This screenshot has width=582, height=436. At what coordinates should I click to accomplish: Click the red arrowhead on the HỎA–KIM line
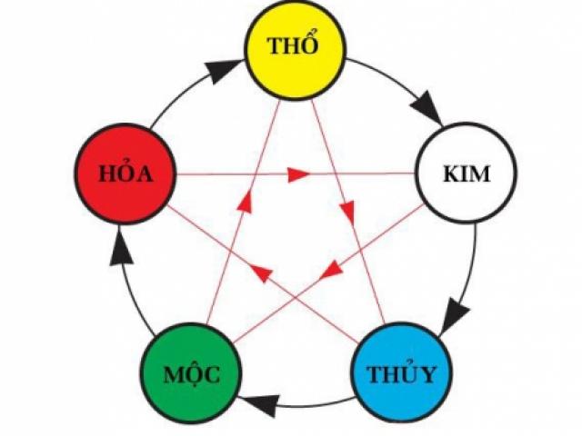pos(299,173)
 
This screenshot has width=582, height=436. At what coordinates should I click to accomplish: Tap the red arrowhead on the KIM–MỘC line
pos(333,269)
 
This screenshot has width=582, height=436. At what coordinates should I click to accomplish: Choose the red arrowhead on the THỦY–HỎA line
pos(261,270)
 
